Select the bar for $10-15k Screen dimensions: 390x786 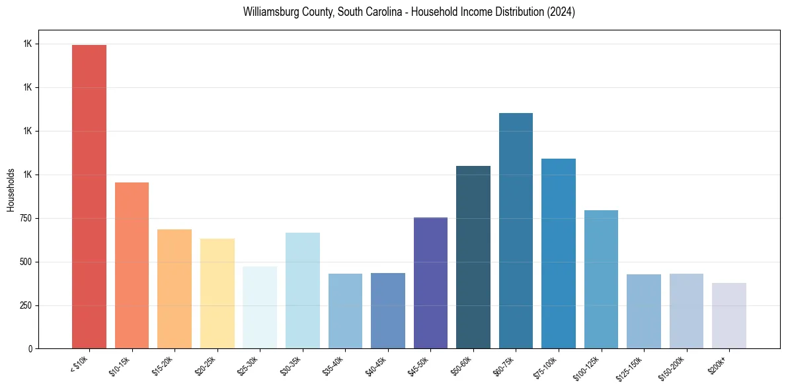click(x=132, y=265)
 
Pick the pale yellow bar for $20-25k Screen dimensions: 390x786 click(x=217, y=293)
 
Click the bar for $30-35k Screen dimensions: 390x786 click(x=302, y=290)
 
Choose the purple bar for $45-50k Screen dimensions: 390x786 click(x=430, y=283)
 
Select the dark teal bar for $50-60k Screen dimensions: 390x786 click(x=473, y=257)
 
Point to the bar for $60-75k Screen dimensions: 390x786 click(x=516, y=231)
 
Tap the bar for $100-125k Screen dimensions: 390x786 click(x=601, y=279)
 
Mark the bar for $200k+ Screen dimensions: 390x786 click(x=729, y=315)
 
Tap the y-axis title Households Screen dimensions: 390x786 click(x=11, y=190)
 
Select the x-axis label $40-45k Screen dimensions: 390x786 click(x=375, y=366)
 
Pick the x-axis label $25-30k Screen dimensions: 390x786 click(x=247, y=366)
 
